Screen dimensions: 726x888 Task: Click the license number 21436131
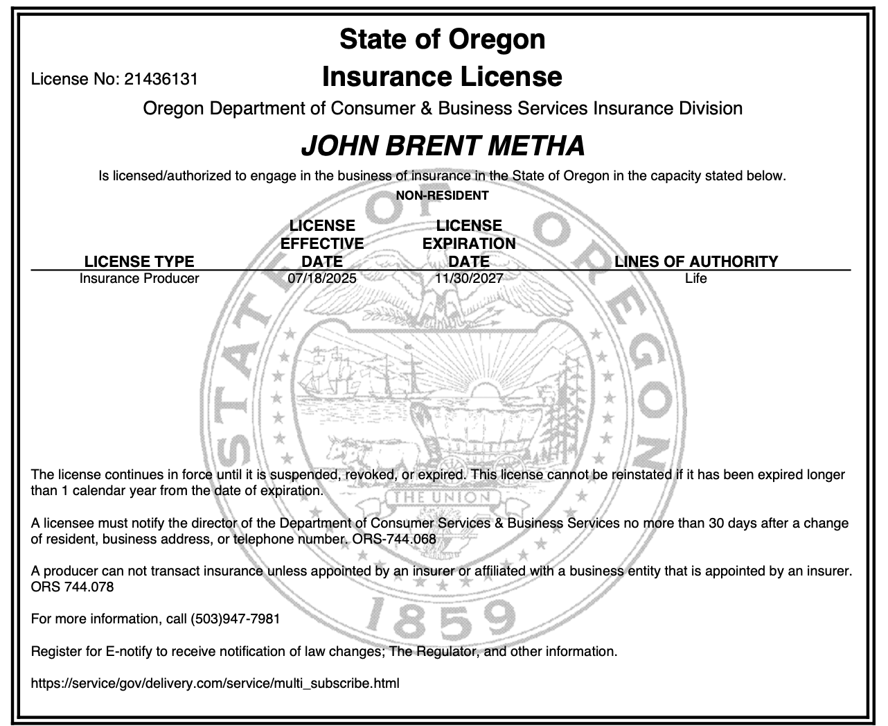click(x=161, y=79)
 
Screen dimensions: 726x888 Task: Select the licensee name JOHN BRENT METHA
click(x=443, y=146)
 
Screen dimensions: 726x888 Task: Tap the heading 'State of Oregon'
click(x=443, y=39)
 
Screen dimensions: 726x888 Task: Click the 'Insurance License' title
click(x=442, y=76)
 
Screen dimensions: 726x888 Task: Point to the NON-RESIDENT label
click(x=442, y=196)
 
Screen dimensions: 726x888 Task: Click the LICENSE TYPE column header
click(x=139, y=261)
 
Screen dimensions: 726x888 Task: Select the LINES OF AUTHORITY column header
click(x=696, y=261)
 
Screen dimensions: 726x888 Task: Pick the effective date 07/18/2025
click(x=322, y=278)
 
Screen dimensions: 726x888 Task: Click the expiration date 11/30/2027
click(x=469, y=278)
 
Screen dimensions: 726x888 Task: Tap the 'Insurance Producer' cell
click(x=139, y=278)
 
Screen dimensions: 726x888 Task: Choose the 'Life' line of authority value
click(x=695, y=278)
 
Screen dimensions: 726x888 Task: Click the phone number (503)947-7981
click(x=235, y=619)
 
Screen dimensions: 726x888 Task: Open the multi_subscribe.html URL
click(x=215, y=683)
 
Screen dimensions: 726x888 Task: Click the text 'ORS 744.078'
click(x=73, y=587)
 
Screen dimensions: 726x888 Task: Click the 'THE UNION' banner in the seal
click(x=443, y=498)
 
